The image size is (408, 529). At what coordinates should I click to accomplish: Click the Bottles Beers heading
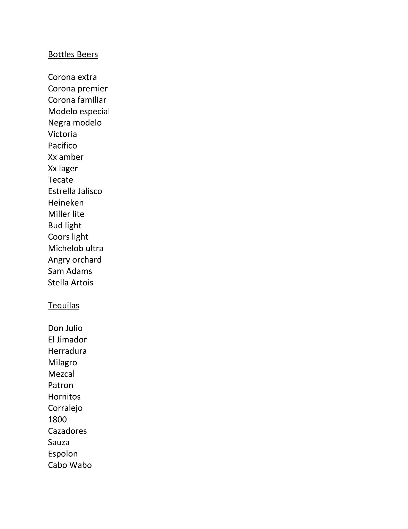point(73,55)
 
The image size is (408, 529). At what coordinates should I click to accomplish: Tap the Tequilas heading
point(63,306)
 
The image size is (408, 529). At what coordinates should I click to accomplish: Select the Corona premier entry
point(78,89)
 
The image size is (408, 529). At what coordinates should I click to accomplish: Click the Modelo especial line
point(79,111)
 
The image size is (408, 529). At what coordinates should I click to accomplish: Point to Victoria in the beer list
point(62,134)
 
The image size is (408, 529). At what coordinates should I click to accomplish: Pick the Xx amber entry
point(66,157)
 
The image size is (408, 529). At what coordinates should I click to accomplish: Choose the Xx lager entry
point(63,168)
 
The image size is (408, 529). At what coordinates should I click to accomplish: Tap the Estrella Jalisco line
point(75,191)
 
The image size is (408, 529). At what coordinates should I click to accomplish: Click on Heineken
point(66,203)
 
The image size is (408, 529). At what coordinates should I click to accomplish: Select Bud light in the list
point(64,225)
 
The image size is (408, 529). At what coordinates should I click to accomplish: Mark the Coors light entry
point(68,237)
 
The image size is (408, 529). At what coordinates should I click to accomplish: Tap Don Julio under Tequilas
point(65,328)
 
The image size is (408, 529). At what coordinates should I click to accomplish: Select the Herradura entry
point(67,351)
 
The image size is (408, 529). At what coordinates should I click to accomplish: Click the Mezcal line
point(61,374)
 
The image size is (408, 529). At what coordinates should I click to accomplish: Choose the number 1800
point(57,419)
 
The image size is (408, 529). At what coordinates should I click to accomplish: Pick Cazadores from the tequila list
point(67,431)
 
